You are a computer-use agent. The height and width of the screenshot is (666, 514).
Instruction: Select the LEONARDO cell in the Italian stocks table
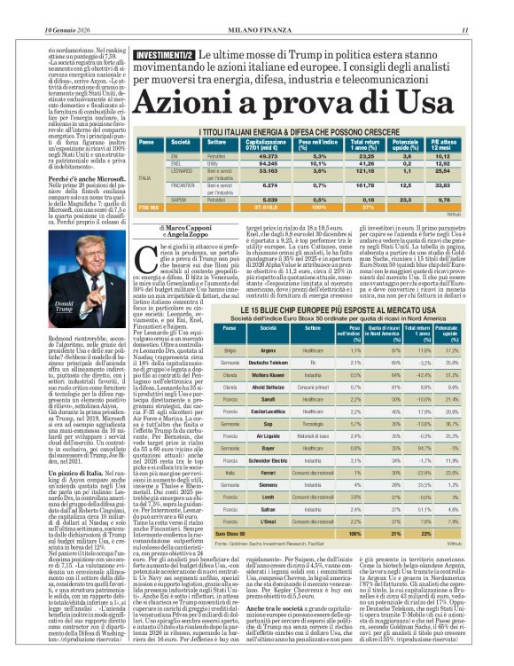pos(181,168)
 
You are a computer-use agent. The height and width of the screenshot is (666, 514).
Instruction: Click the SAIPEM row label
pos(181,200)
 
